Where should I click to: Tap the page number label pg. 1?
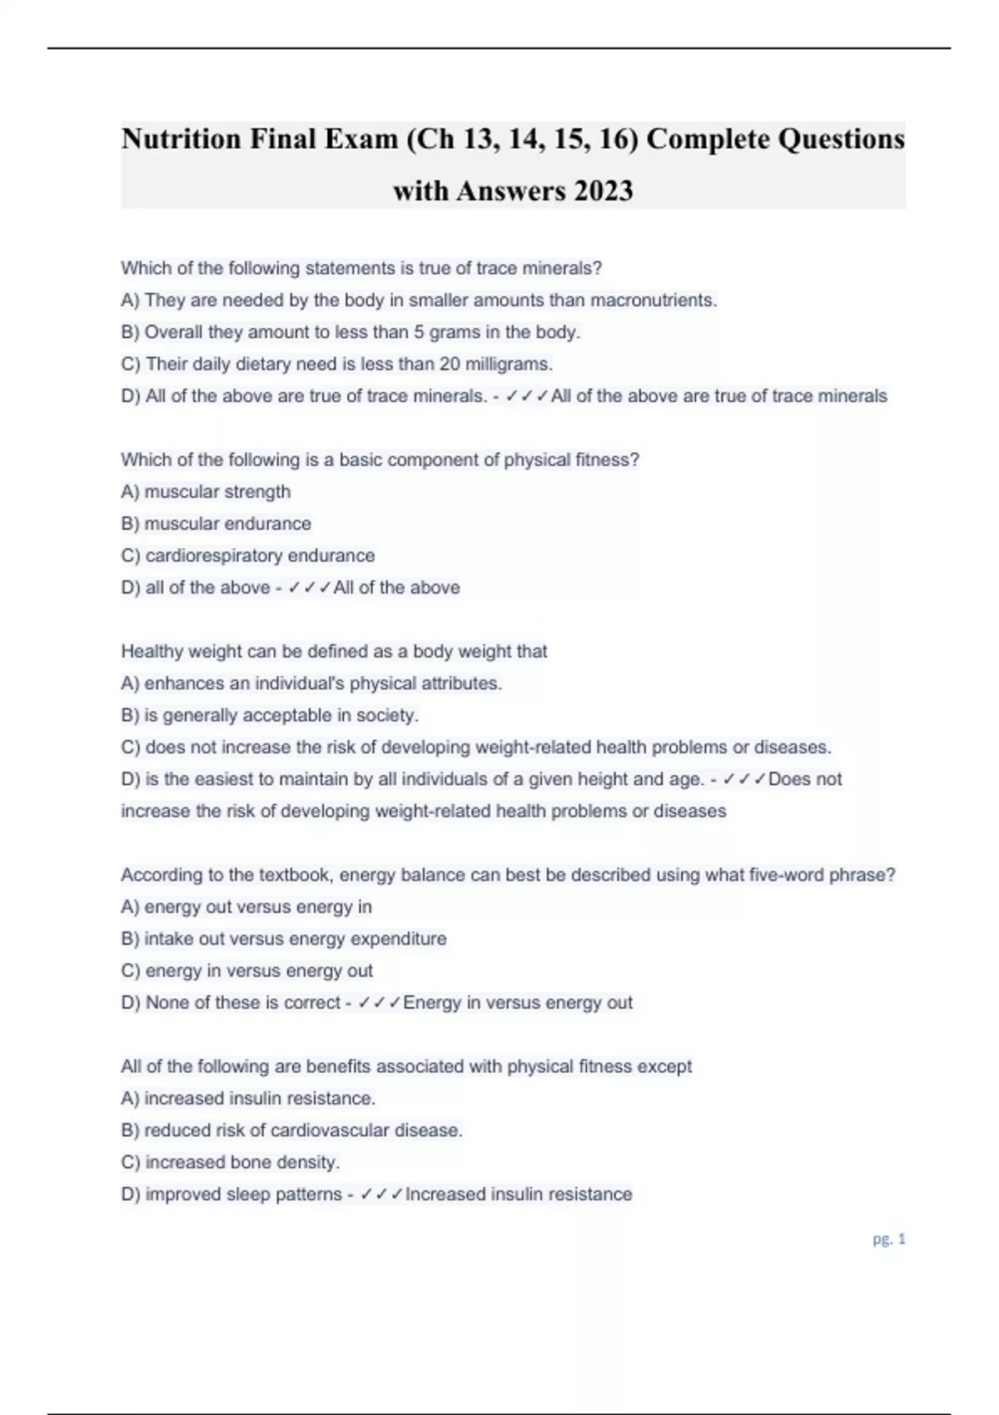pyautogui.click(x=888, y=1239)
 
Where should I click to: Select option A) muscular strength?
pyautogui.click(x=206, y=492)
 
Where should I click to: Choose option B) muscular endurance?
pyautogui.click(x=216, y=524)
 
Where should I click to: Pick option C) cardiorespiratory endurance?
pyautogui.click(x=247, y=555)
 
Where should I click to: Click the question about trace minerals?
pyautogui.click(x=361, y=268)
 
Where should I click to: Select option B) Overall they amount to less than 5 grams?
pyautogui.click(x=350, y=332)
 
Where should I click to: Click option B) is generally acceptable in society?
pyautogui.click(x=270, y=715)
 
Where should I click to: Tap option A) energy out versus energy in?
pyautogui.click(x=246, y=906)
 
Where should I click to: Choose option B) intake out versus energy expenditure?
pyautogui.click(x=283, y=939)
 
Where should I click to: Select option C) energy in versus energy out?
pyautogui.click(x=246, y=971)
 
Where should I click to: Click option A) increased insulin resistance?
pyautogui.click(x=248, y=1099)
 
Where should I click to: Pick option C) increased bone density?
pyautogui.click(x=231, y=1162)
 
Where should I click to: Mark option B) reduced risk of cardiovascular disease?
pyautogui.click(x=291, y=1130)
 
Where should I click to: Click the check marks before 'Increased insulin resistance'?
pyautogui.click(x=382, y=1194)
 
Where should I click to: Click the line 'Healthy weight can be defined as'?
pyautogui.click(x=334, y=651)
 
